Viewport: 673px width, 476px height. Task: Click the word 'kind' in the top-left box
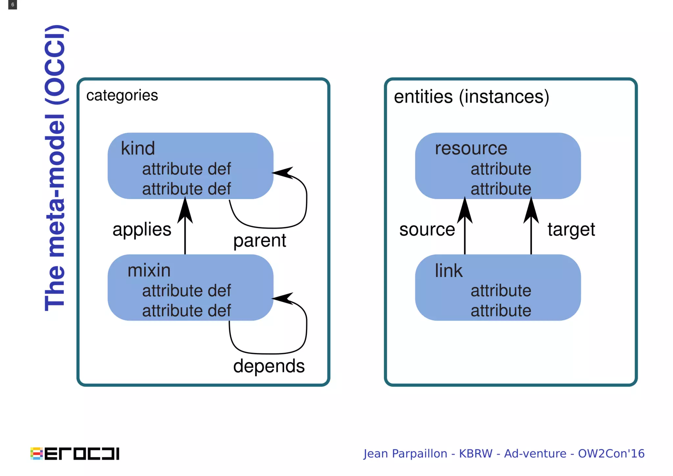[x=138, y=148]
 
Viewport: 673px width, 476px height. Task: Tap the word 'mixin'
[x=149, y=271]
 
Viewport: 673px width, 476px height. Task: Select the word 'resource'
[x=471, y=148]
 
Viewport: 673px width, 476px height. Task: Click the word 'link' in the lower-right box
[x=449, y=271]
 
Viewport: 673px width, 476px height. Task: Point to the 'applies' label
[x=142, y=229]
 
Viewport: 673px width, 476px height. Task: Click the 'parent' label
[x=260, y=241]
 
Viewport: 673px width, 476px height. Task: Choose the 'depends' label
[x=269, y=366]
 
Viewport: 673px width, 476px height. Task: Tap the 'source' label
[x=427, y=229]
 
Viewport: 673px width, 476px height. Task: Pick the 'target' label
[x=571, y=229]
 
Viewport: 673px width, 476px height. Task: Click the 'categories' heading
[x=122, y=95]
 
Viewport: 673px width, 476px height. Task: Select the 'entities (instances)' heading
[x=471, y=97]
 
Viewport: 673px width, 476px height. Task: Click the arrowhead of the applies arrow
[x=185, y=210]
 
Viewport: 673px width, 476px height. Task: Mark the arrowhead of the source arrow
[x=465, y=210]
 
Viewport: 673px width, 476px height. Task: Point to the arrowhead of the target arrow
[x=531, y=210]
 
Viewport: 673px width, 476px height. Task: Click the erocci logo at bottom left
[x=75, y=453]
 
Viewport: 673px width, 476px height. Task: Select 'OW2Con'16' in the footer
[x=611, y=454]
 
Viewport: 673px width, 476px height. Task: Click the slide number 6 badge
[x=12, y=5]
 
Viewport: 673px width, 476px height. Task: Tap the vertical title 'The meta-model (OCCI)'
[x=55, y=168]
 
